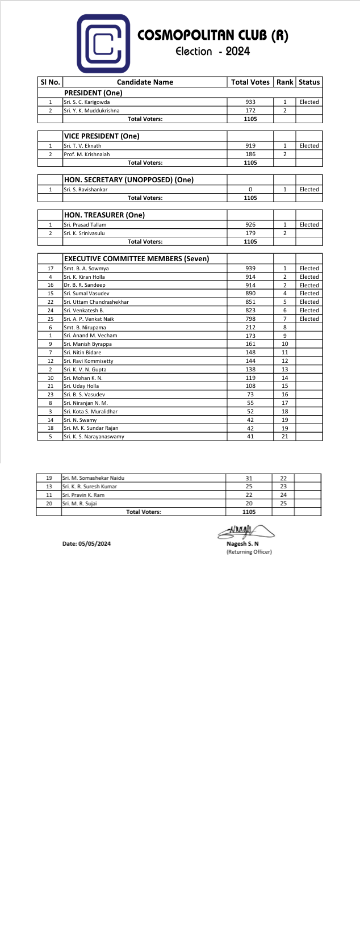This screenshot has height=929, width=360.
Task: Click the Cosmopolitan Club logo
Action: click(103, 44)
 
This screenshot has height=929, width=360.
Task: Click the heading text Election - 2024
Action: click(212, 52)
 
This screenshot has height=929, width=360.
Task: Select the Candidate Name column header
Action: click(145, 82)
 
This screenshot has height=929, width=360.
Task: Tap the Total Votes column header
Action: click(250, 82)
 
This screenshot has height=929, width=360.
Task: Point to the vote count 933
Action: click(250, 102)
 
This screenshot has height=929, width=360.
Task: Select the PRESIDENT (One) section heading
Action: click(93, 93)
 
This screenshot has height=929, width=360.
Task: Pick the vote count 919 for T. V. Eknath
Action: click(250, 146)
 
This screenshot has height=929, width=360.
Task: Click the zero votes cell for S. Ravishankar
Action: click(250, 190)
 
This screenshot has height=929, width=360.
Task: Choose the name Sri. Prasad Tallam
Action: click(85, 225)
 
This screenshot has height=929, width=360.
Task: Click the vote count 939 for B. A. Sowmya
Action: click(250, 269)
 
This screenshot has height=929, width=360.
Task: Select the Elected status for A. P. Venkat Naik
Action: click(309, 319)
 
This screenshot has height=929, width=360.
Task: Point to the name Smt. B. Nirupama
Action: click(85, 328)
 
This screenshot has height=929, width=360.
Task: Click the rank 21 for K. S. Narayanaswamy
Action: click(285, 437)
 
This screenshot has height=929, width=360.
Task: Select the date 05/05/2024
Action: click(87, 544)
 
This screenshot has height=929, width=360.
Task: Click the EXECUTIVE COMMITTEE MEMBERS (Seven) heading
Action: click(136, 259)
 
